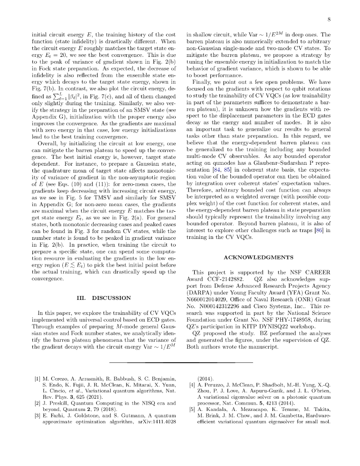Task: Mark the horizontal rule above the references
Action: point(181,362)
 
